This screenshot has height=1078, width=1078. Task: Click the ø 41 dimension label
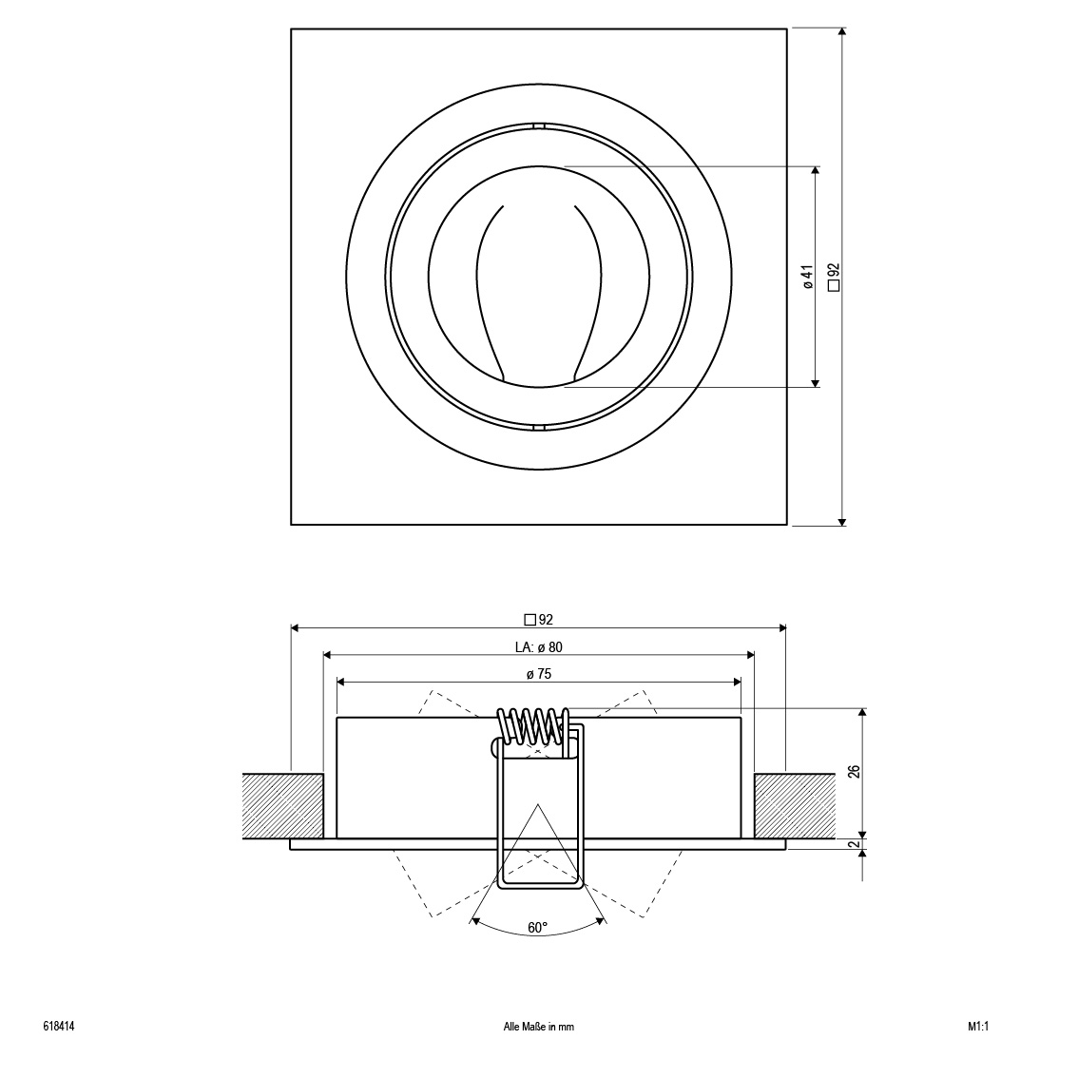[808, 277]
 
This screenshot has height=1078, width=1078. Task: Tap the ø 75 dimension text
[539, 674]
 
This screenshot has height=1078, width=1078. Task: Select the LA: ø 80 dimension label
[539, 647]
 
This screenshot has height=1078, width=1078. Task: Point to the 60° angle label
[538, 928]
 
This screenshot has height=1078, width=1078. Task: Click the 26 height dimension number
[855, 771]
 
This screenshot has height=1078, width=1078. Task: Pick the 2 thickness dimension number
[855, 844]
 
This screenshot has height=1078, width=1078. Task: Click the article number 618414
[58, 1027]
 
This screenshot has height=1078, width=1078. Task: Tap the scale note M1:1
[978, 1027]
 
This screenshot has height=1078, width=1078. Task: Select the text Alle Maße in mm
[538, 1027]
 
